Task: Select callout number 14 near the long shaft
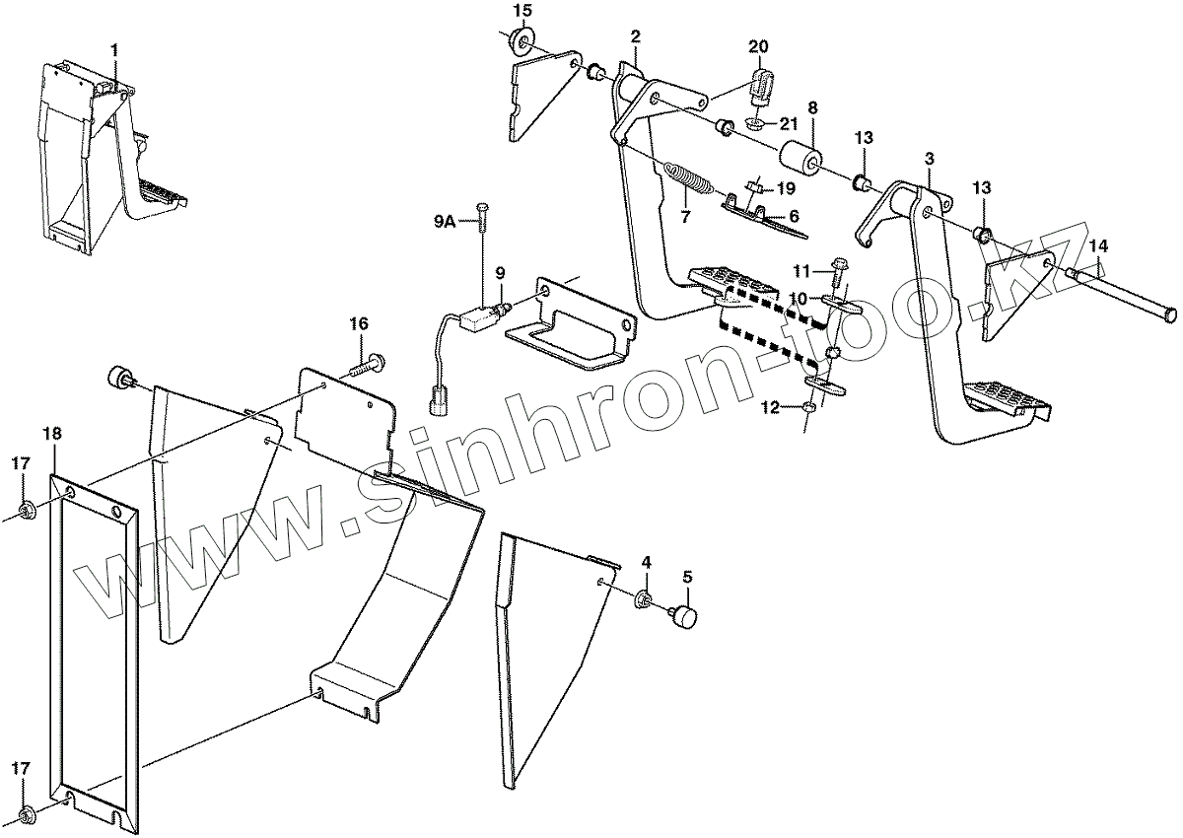click(1098, 245)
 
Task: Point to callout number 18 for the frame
click(52, 433)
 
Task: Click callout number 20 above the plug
click(758, 46)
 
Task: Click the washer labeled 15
click(520, 40)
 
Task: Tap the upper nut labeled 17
click(28, 509)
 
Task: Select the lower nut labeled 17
click(28, 814)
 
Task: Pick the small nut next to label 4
click(644, 598)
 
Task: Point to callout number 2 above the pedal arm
click(636, 36)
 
